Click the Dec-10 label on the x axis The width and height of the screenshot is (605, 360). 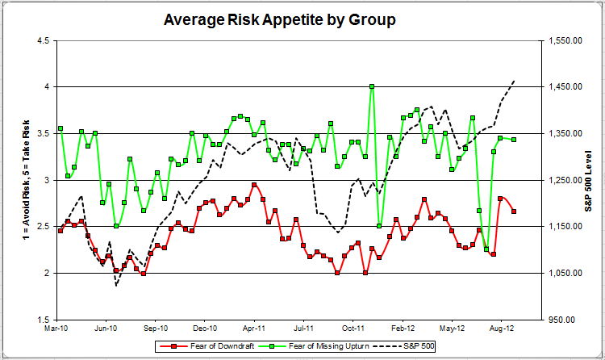[x=207, y=329]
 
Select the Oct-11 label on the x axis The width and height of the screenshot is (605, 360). [x=355, y=329]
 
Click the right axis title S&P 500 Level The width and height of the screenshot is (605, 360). [x=590, y=179]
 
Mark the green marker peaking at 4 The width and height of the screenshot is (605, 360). [x=372, y=86]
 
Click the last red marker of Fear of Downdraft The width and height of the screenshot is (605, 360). [x=515, y=211]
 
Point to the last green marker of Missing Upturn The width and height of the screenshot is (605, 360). [x=515, y=140]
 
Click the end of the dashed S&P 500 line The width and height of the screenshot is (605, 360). [x=515, y=81]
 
